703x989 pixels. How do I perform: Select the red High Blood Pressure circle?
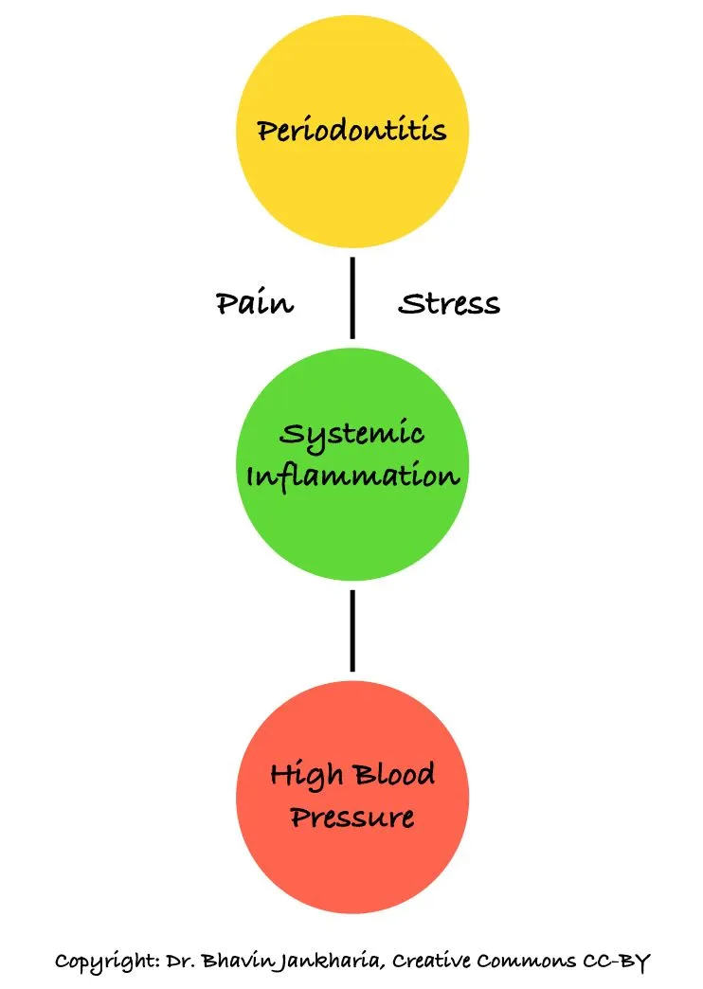click(x=351, y=853)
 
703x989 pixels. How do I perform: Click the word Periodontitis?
click(x=351, y=130)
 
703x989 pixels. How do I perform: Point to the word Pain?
click(x=255, y=303)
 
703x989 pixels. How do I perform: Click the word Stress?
click(x=449, y=304)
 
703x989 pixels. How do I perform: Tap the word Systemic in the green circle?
click(x=352, y=436)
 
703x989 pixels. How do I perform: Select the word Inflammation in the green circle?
click(x=352, y=475)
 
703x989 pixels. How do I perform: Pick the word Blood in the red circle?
click(x=394, y=776)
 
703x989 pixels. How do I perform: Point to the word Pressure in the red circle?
click(x=352, y=816)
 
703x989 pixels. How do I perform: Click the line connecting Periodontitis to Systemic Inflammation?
click(x=352, y=297)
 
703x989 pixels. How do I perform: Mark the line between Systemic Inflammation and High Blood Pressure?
click(x=352, y=630)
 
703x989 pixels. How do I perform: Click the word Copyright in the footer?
click(x=99, y=962)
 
